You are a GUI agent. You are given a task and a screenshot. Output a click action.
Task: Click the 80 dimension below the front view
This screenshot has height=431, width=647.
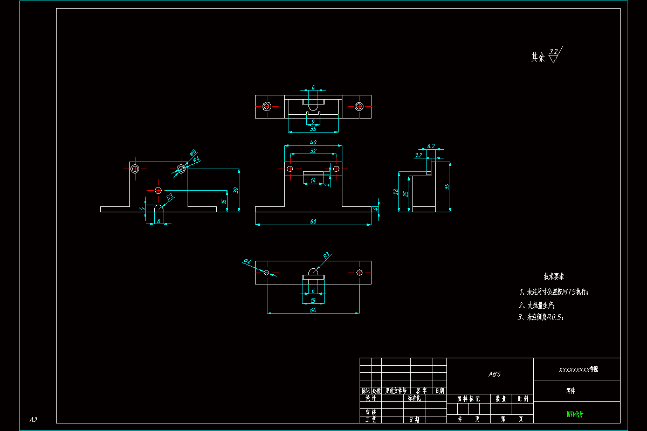(313, 221)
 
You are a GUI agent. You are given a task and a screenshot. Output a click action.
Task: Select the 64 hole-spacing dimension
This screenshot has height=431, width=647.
(313, 310)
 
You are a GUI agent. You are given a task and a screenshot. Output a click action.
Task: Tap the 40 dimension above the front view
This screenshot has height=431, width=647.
(313, 142)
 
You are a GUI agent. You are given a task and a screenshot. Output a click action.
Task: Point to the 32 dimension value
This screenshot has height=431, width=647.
(313, 151)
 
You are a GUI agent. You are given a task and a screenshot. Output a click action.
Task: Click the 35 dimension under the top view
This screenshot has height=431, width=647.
(313, 129)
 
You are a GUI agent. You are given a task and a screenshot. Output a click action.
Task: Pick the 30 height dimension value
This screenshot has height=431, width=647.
(235, 190)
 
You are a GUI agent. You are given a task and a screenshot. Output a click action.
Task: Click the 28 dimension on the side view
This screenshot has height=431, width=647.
(396, 192)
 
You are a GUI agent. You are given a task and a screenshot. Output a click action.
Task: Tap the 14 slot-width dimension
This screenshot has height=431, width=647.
(313, 181)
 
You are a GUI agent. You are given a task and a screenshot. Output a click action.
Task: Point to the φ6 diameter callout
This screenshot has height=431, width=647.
(193, 153)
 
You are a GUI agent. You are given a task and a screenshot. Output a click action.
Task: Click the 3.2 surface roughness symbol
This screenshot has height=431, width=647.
(554, 52)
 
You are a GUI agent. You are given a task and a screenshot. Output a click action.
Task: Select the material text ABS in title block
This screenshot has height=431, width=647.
(494, 374)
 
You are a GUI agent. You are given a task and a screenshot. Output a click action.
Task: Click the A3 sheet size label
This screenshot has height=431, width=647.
(33, 419)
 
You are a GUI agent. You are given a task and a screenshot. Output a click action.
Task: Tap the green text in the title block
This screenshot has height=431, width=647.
(575, 414)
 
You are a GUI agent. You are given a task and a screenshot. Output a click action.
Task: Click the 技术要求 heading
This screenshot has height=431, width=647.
(554, 277)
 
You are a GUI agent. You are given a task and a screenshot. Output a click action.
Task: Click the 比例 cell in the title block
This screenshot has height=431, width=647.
(522, 399)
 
